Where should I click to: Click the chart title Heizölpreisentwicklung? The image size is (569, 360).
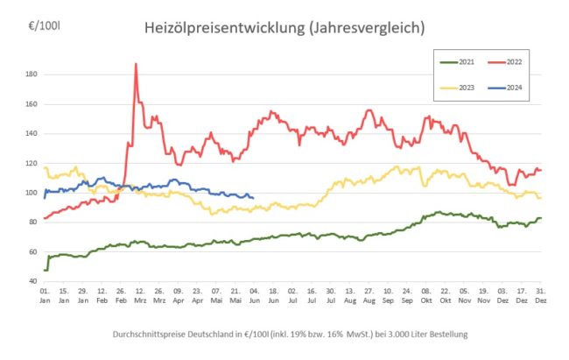click(x=284, y=28)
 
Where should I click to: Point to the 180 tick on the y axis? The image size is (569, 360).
click(x=31, y=74)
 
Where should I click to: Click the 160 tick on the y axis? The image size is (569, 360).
click(x=31, y=104)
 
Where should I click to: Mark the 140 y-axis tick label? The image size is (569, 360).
click(x=31, y=134)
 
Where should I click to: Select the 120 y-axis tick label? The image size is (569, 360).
click(x=31, y=164)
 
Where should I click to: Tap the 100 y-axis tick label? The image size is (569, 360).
click(x=31, y=193)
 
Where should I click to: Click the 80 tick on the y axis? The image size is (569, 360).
click(x=32, y=222)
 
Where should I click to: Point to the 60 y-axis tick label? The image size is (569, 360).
click(x=32, y=252)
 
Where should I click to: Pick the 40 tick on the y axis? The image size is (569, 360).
click(x=32, y=282)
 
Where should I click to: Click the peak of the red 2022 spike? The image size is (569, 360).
click(x=136, y=64)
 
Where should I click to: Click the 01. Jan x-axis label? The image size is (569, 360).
click(x=45, y=294)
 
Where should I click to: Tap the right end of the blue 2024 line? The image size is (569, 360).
click(x=253, y=197)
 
